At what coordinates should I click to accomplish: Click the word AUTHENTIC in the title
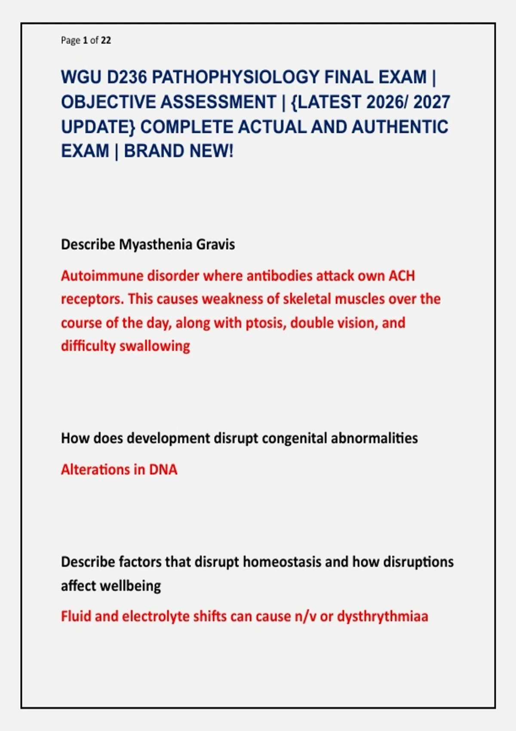pyautogui.click(x=400, y=126)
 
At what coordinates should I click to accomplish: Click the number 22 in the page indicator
pyautogui.click(x=106, y=40)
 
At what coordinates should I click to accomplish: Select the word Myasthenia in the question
pyautogui.click(x=155, y=244)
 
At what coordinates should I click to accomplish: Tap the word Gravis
pyautogui.click(x=215, y=244)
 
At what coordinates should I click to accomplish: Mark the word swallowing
pyautogui.click(x=155, y=346)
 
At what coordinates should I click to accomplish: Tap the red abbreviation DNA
pyautogui.click(x=163, y=470)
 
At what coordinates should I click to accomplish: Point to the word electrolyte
pyautogui.click(x=156, y=617)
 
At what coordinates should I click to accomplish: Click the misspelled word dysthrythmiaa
pyautogui.click(x=383, y=617)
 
